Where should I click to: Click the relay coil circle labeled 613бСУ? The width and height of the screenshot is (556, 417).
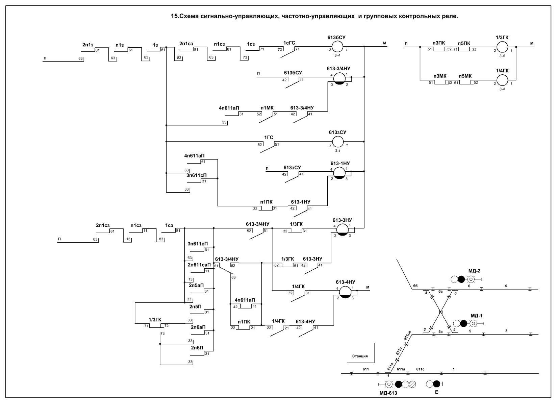[x=337, y=47]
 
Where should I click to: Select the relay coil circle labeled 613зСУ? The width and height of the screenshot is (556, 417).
[x=337, y=141]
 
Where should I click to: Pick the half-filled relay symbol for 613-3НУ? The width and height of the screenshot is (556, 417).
[x=342, y=229]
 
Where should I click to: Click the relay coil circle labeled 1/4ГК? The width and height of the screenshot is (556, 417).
[x=502, y=80]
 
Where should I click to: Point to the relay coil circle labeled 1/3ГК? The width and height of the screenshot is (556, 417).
[x=502, y=47]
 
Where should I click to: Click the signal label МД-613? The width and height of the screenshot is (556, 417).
[x=388, y=393]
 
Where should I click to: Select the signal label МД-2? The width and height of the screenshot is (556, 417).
[x=474, y=271]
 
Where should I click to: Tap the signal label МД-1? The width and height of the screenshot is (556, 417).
[x=476, y=316]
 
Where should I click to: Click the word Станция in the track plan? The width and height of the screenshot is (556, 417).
[x=360, y=356]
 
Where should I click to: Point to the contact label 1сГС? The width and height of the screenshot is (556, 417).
[x=289, y=43]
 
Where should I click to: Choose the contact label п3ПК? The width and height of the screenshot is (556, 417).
[x=439, y=43]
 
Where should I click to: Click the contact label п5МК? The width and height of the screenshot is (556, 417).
[x=465, y=76]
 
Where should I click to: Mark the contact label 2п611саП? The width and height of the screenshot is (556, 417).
[x=199, y=265]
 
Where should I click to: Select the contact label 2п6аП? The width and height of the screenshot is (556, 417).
[x=198, y=327]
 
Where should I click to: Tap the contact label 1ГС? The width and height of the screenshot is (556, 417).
[x=269, y=138]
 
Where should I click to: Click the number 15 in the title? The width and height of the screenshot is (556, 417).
[x=174, y=16]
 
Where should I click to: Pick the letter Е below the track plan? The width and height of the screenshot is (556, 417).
[x=436, y=392]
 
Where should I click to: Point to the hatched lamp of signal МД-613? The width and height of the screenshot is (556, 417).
[x=412, y=384]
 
